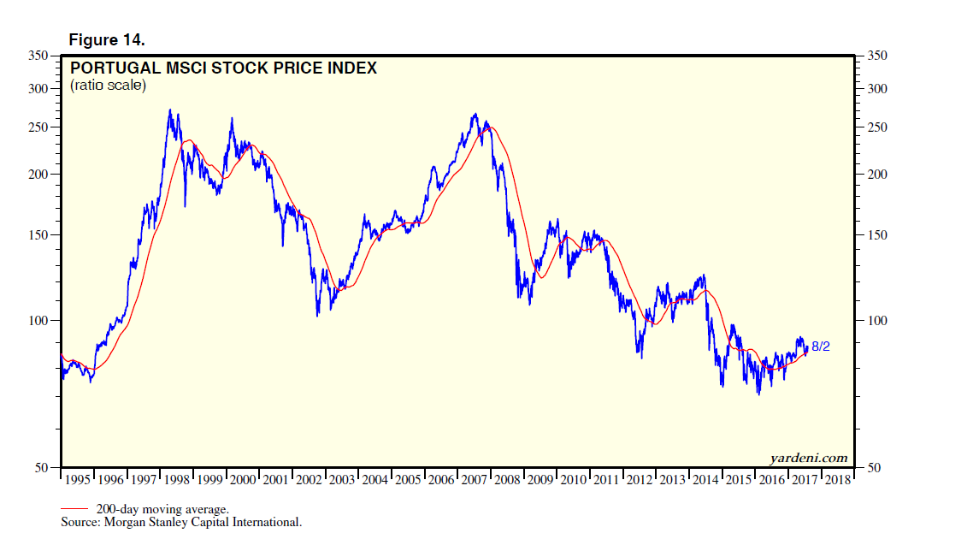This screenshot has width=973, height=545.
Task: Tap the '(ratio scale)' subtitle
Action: click(x=108, y=86)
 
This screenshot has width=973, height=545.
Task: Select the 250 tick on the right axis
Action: click(x=877, y=127)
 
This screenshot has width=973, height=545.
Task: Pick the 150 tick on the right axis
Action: click(x=877, y=235)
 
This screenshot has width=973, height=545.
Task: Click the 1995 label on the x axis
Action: click(x=77, y=480)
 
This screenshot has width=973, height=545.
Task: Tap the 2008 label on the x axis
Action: click(x=508, y=480)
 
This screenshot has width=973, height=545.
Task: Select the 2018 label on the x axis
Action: click(x=838, y=480)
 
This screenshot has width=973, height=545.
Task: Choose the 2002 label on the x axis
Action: click(x=309, y=480)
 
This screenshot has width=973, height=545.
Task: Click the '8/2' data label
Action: click(x=821, y=347)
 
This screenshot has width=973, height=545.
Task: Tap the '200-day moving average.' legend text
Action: click(x=162, y=509)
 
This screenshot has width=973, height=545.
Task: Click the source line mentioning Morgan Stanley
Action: click(x=181, y=522)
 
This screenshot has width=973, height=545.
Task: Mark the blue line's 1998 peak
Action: click(x=169, y=110)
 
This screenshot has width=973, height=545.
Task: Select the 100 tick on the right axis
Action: click(x=877, y=321)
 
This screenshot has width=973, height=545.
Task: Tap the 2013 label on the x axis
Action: click(x=673, y=480)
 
